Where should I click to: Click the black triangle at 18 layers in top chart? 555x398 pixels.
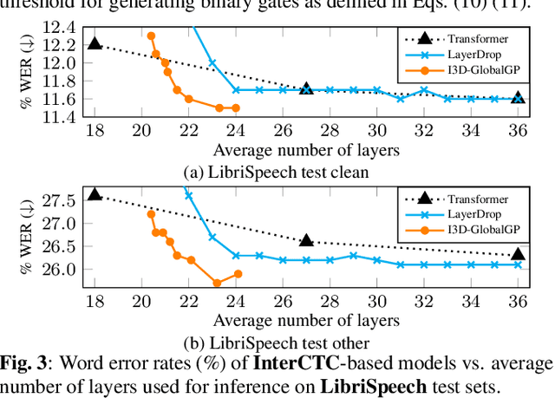click(95, 43)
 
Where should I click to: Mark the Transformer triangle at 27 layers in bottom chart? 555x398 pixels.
click(306, 240)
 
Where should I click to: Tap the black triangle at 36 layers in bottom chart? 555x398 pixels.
click(518, 254)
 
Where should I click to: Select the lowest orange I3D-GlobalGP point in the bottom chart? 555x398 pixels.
click(217, 283)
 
